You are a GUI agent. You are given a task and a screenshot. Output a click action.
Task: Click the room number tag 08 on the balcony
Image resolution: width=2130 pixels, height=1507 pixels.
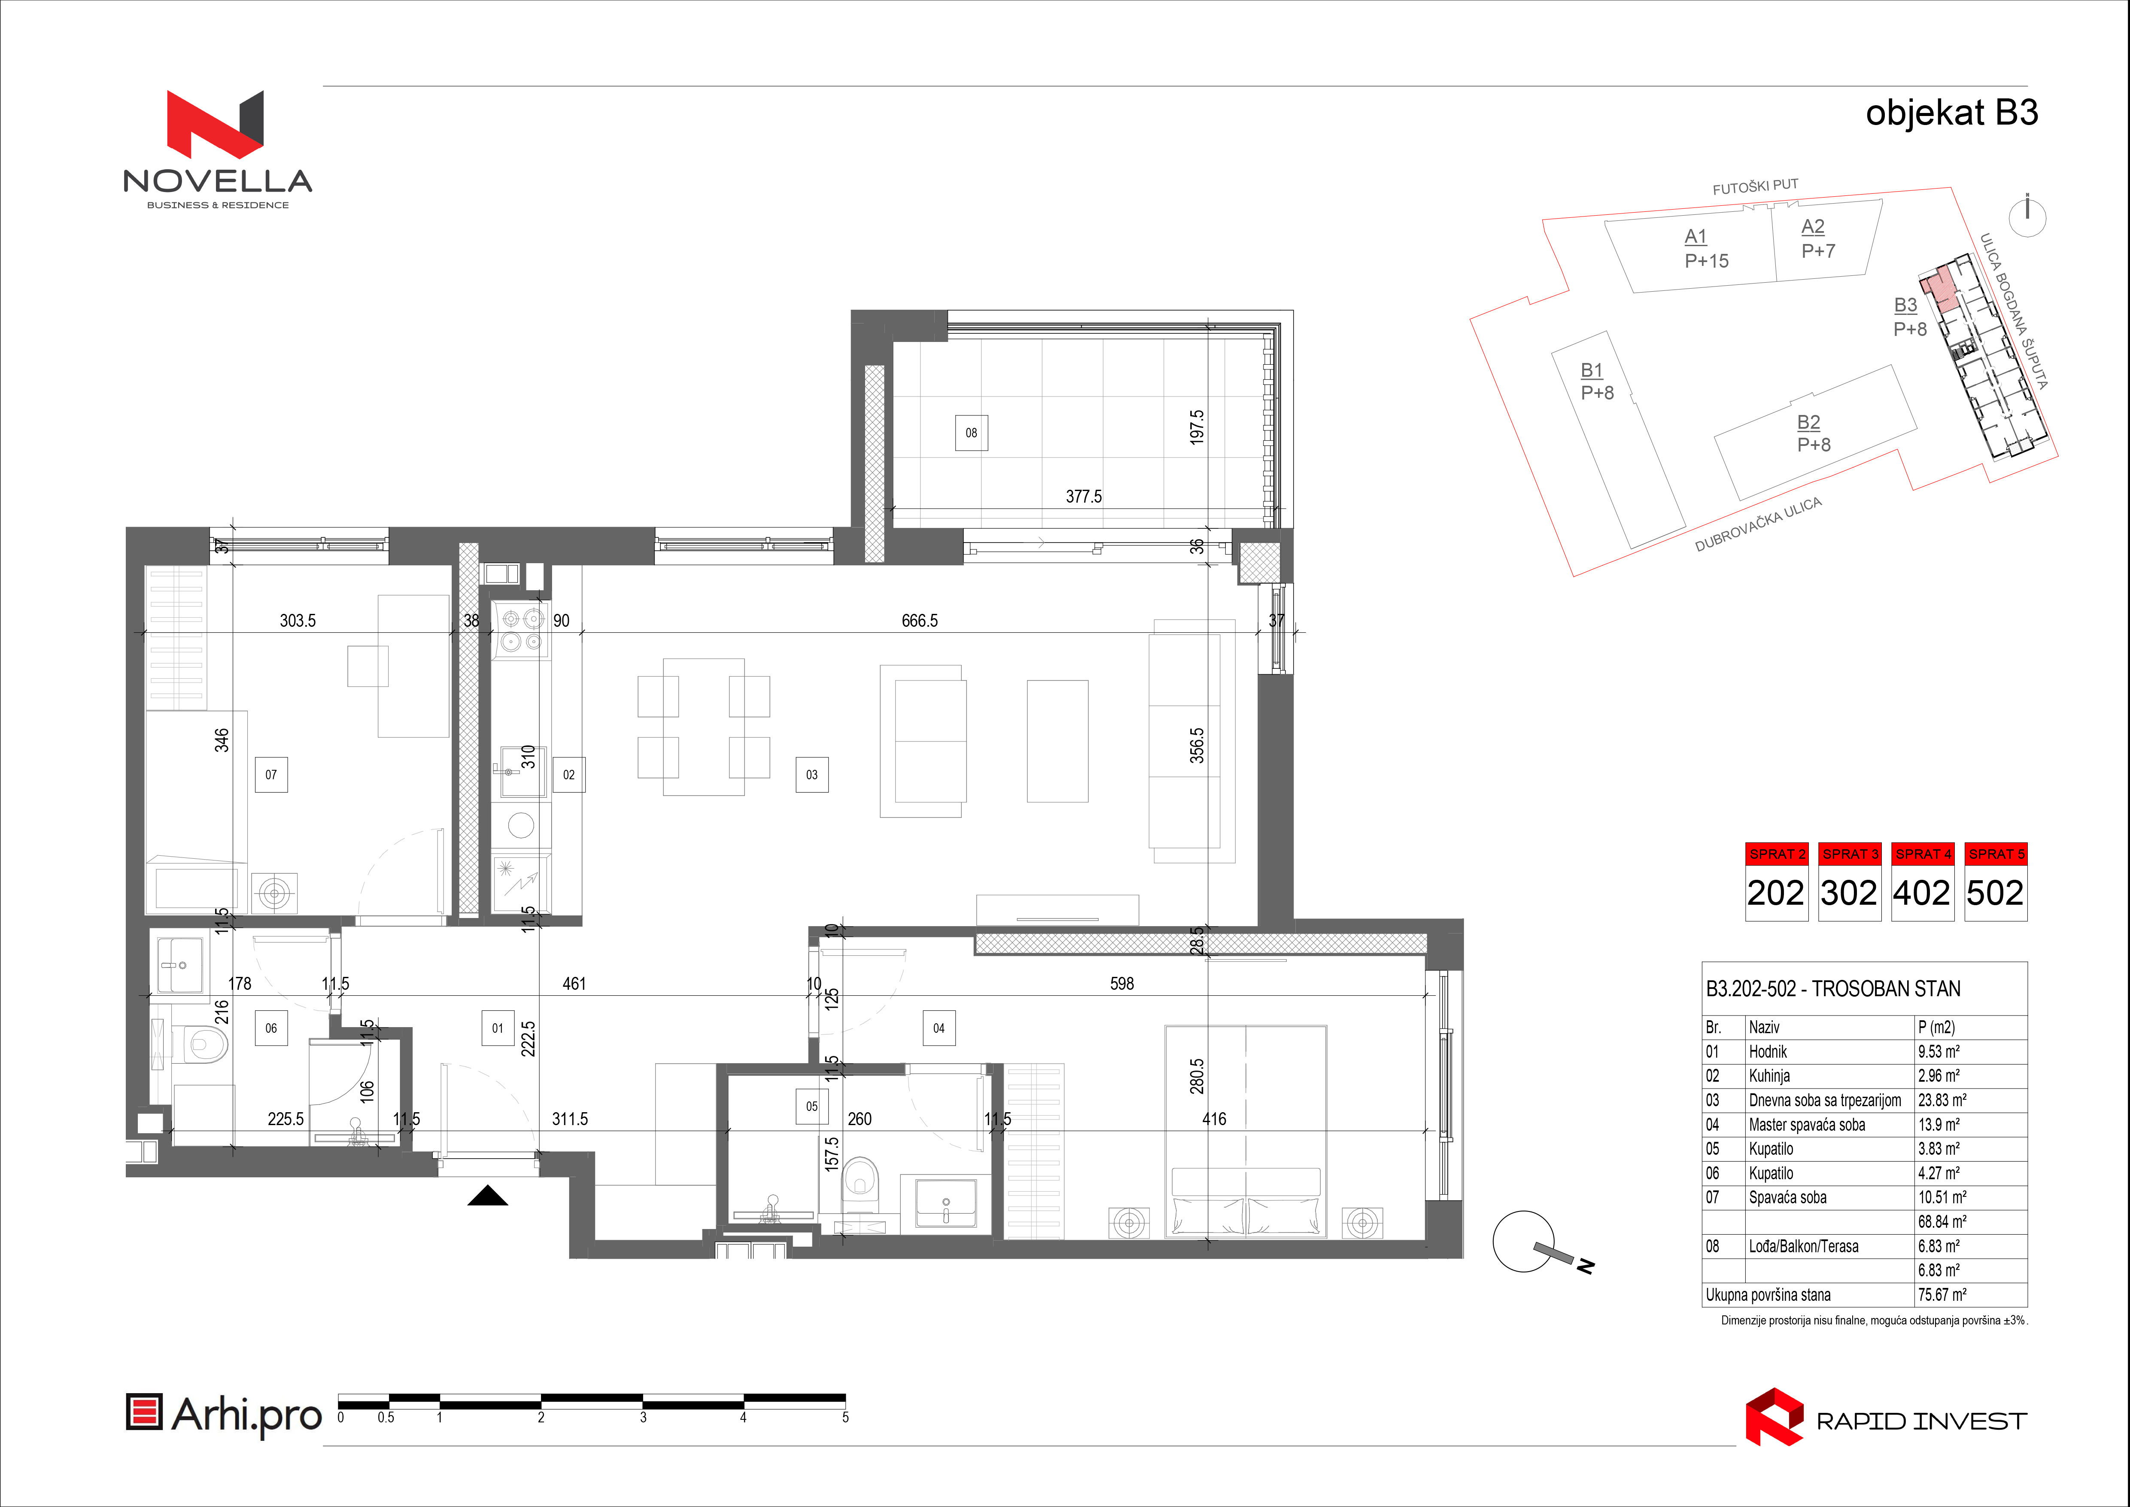971,433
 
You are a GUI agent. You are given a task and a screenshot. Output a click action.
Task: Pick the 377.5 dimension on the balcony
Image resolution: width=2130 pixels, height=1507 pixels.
1084,497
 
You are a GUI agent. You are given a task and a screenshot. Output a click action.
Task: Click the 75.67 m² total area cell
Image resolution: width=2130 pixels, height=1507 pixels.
1942,1294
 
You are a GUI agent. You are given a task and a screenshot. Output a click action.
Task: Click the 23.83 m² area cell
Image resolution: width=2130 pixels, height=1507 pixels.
1942,1100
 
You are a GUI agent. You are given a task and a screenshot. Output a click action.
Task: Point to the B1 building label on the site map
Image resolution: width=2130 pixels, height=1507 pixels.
1592,370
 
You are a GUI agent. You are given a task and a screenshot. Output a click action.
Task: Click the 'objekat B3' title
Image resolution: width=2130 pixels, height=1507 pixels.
1952,112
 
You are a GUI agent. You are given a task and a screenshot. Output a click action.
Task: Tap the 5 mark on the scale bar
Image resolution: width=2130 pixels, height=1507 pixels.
845,1417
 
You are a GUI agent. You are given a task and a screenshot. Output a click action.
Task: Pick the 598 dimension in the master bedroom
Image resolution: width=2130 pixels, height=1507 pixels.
1121,984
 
